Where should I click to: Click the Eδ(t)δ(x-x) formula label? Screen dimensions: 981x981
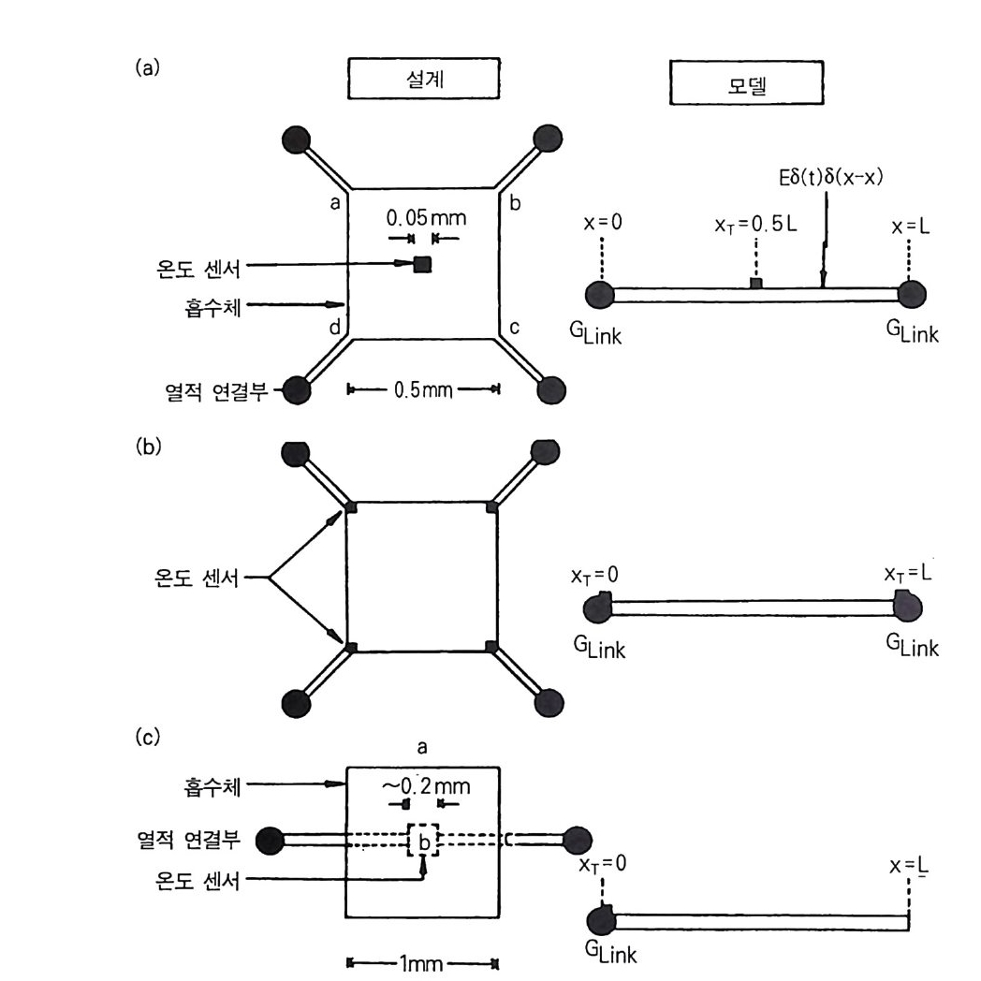822,178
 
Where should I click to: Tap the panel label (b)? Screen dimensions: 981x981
149,446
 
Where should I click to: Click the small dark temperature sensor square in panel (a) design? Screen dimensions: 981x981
422,264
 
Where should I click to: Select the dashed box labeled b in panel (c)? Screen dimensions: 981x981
423,841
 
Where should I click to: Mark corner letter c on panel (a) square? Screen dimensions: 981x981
513,327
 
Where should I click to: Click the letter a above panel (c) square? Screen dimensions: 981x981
422,745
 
